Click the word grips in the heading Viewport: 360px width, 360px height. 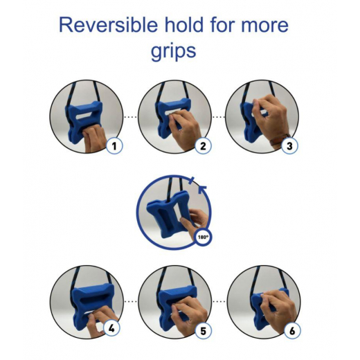point(173,51)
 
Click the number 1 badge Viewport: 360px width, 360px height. point(114,145)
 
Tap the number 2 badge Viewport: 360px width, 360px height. point(203,145)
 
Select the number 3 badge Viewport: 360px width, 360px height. point(290,145)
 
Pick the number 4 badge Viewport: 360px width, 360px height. point(111,328)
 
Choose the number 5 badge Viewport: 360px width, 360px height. point(203,331)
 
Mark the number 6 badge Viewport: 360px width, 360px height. point(292,331)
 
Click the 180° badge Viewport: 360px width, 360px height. point(203,237)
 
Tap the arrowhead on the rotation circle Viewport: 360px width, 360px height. point(203,190)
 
